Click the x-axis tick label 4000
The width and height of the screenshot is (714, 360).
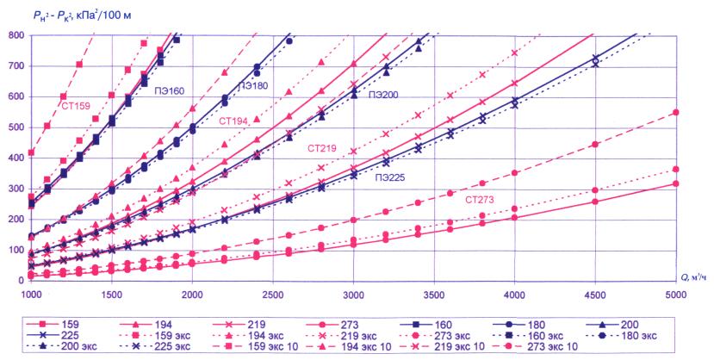pyautogui.click(x=514, y=294)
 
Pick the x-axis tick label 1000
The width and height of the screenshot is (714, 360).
pyautogui.click(x=29, y=294)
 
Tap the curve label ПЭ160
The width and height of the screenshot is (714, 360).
pyautogui.click(x=171, y=89)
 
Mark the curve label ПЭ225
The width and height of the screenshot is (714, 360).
pyautogui.click(x=390, y=177)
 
